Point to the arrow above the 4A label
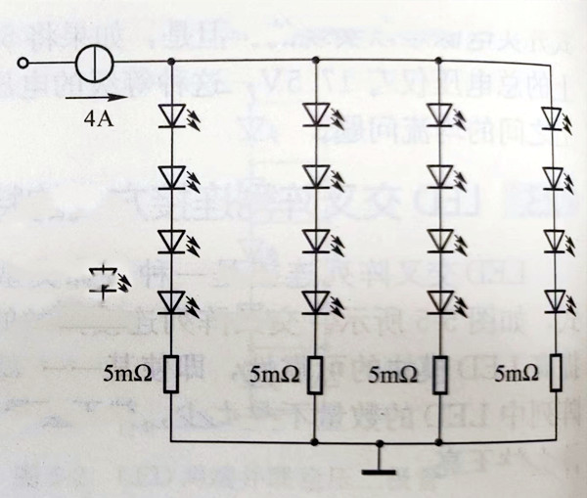tap(105, 97)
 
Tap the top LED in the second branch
tap(314, 114)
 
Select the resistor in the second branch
tap(314, 373)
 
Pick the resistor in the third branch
tap(436, 373)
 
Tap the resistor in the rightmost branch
tap(556, 373)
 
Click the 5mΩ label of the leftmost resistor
tap(125, 374)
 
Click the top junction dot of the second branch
tap(314, 65)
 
